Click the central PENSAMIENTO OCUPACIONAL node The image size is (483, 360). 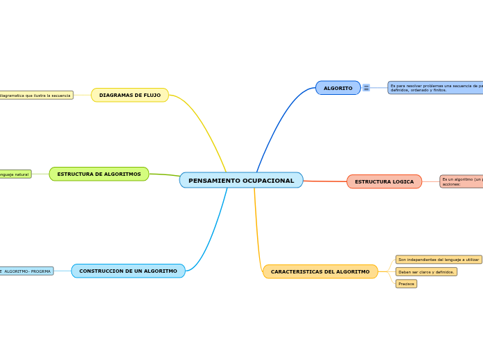point(240,181)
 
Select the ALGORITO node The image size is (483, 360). point(337,88)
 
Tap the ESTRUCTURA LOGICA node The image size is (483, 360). point(384,181)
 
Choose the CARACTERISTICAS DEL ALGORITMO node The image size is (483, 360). point(320,271)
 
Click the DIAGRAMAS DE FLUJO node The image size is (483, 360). point(130,95)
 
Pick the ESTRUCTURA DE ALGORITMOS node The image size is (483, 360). point(98,174)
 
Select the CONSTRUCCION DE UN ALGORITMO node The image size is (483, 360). point(128,271)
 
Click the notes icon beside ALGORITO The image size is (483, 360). point(366,88)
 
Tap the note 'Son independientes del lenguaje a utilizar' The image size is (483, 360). point(438,260)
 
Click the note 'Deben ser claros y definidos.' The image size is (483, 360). point(426,272)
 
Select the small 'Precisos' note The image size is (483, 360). point(406,284)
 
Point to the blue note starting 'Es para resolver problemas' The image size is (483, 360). point(435,88)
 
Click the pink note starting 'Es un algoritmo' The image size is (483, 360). point(461,181)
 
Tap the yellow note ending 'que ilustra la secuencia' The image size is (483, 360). point(36,96)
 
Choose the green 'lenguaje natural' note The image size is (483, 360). point(15,174)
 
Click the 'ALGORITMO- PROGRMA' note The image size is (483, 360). point(26,271)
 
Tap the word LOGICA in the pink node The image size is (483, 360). point(403,181)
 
